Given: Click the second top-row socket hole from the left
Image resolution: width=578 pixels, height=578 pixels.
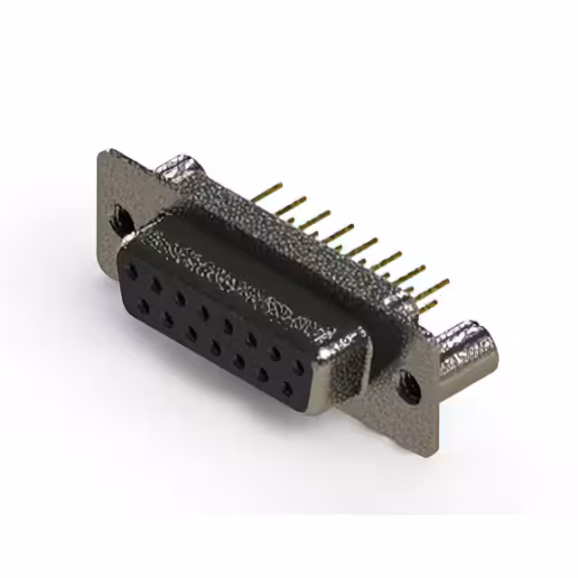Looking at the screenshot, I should pyautogui.click(x=157, y=282).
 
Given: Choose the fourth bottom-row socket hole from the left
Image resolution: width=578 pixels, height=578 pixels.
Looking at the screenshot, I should pyautogui.click(x=215, y=348).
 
